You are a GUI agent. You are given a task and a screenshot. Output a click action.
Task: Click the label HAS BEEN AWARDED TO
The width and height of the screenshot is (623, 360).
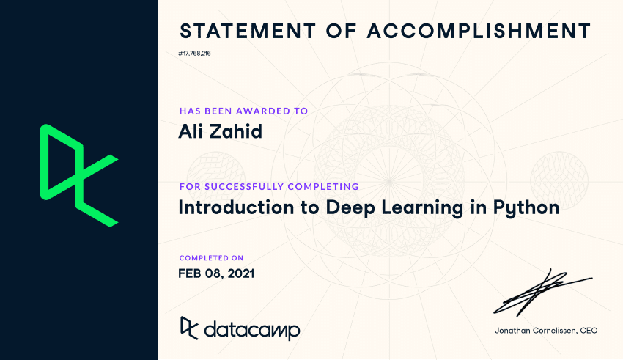[x=243, y=111]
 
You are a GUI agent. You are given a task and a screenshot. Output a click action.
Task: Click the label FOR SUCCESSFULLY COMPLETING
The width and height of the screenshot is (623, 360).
[x=268, y=186]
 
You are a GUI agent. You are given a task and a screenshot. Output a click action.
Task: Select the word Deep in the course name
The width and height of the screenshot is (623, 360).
[x=342, y=207]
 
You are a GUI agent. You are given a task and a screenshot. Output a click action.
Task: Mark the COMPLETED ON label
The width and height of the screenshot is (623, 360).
[x=211, y=258]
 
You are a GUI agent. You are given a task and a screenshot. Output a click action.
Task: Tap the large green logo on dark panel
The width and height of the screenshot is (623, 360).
[x=78, y=175]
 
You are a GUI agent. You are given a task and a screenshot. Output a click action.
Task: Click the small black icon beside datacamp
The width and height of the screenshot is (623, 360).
[x=188, y=328]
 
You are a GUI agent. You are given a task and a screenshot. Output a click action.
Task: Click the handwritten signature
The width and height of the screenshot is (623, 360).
[x=542, y=291]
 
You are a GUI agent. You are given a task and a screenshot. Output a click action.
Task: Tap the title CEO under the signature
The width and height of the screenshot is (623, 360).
[x=588, y=331]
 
